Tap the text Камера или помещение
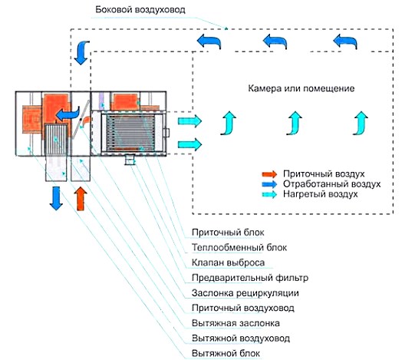click(x=301, y=88)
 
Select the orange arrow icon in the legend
click(x=269, y=173)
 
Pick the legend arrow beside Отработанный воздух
click(x=269, y=184)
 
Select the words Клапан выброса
click(x=222, y=263)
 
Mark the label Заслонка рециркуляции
click(x=238, y=292)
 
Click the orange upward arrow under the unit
click(x=81, y=197)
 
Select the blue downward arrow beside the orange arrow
click(x=56, y=197)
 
